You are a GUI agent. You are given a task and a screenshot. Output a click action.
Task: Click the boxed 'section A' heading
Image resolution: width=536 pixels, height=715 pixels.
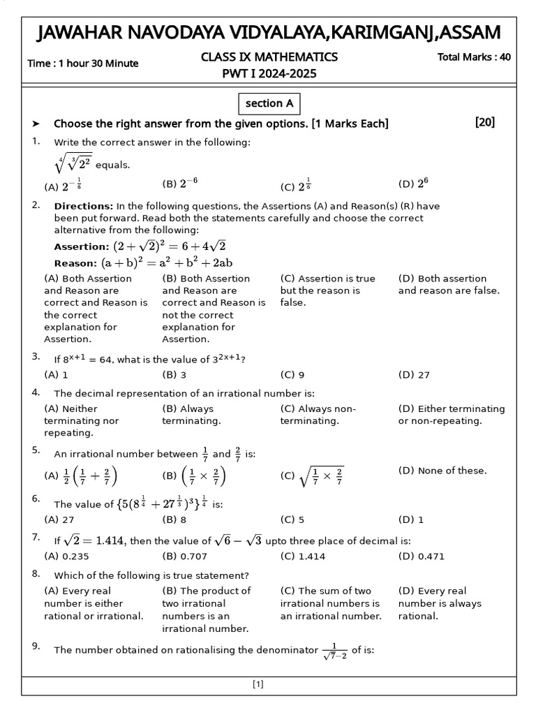[x=269, y=103]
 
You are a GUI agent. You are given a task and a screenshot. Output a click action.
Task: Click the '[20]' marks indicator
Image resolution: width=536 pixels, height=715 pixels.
[x=484, y=122]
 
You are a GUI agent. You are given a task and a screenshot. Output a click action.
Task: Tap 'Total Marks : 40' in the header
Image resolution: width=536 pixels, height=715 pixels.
[x=473, y=57]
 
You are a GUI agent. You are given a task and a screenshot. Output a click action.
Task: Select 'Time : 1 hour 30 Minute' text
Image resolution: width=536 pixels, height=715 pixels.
[x=82, y=64]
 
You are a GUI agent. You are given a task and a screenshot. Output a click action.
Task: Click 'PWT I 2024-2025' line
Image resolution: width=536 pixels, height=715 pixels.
[x=269, y=73]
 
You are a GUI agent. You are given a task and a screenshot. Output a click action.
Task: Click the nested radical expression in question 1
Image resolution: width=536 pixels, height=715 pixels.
[x=72, y=164]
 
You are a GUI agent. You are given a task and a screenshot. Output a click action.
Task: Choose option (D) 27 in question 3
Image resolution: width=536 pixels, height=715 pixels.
[x=414, y=375]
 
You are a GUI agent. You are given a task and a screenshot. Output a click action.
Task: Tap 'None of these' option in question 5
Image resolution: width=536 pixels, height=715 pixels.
[x=442, y=471]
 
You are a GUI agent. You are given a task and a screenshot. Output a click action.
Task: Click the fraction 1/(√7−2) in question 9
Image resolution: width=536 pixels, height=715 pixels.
[x=334, y=651]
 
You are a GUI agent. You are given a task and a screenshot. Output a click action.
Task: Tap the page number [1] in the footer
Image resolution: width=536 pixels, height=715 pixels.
[x=258, y=685]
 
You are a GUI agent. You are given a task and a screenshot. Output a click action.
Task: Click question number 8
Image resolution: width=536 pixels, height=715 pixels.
[x=36, y=574]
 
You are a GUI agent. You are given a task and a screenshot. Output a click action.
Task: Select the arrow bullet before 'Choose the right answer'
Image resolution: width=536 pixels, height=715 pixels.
[x=36, y=124]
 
